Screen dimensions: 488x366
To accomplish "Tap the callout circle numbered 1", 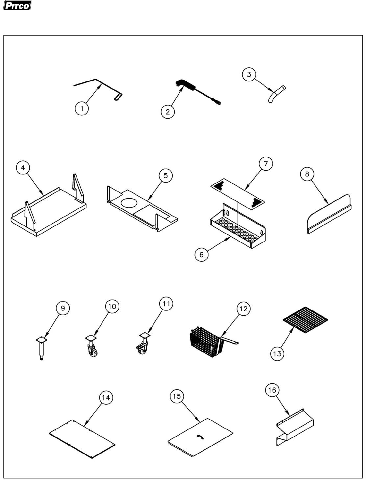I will (x=82, y=109).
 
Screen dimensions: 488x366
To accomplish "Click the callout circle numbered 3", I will (x=249, y=75).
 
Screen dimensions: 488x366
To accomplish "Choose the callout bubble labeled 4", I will (x=23, y=168).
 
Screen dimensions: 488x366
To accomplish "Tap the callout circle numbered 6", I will (x=201, y=254).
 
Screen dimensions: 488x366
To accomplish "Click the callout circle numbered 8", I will (x=307, y=174).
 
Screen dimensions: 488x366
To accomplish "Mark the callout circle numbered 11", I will (x=166, y=304).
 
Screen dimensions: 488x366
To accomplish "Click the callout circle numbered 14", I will (x=106, y=397).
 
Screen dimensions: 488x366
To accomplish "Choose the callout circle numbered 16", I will (x=272, y=390).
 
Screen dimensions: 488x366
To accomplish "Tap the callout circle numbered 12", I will (x=243, y=309).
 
